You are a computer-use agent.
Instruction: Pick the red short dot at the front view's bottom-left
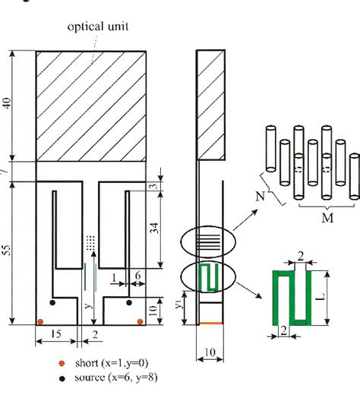click(40, 322)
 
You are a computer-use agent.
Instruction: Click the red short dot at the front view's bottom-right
click(141, 322)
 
